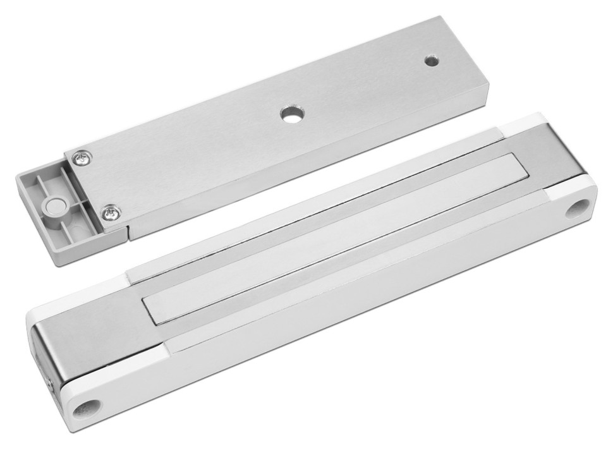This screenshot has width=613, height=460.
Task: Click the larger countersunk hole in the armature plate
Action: click(x=291, y=115)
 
